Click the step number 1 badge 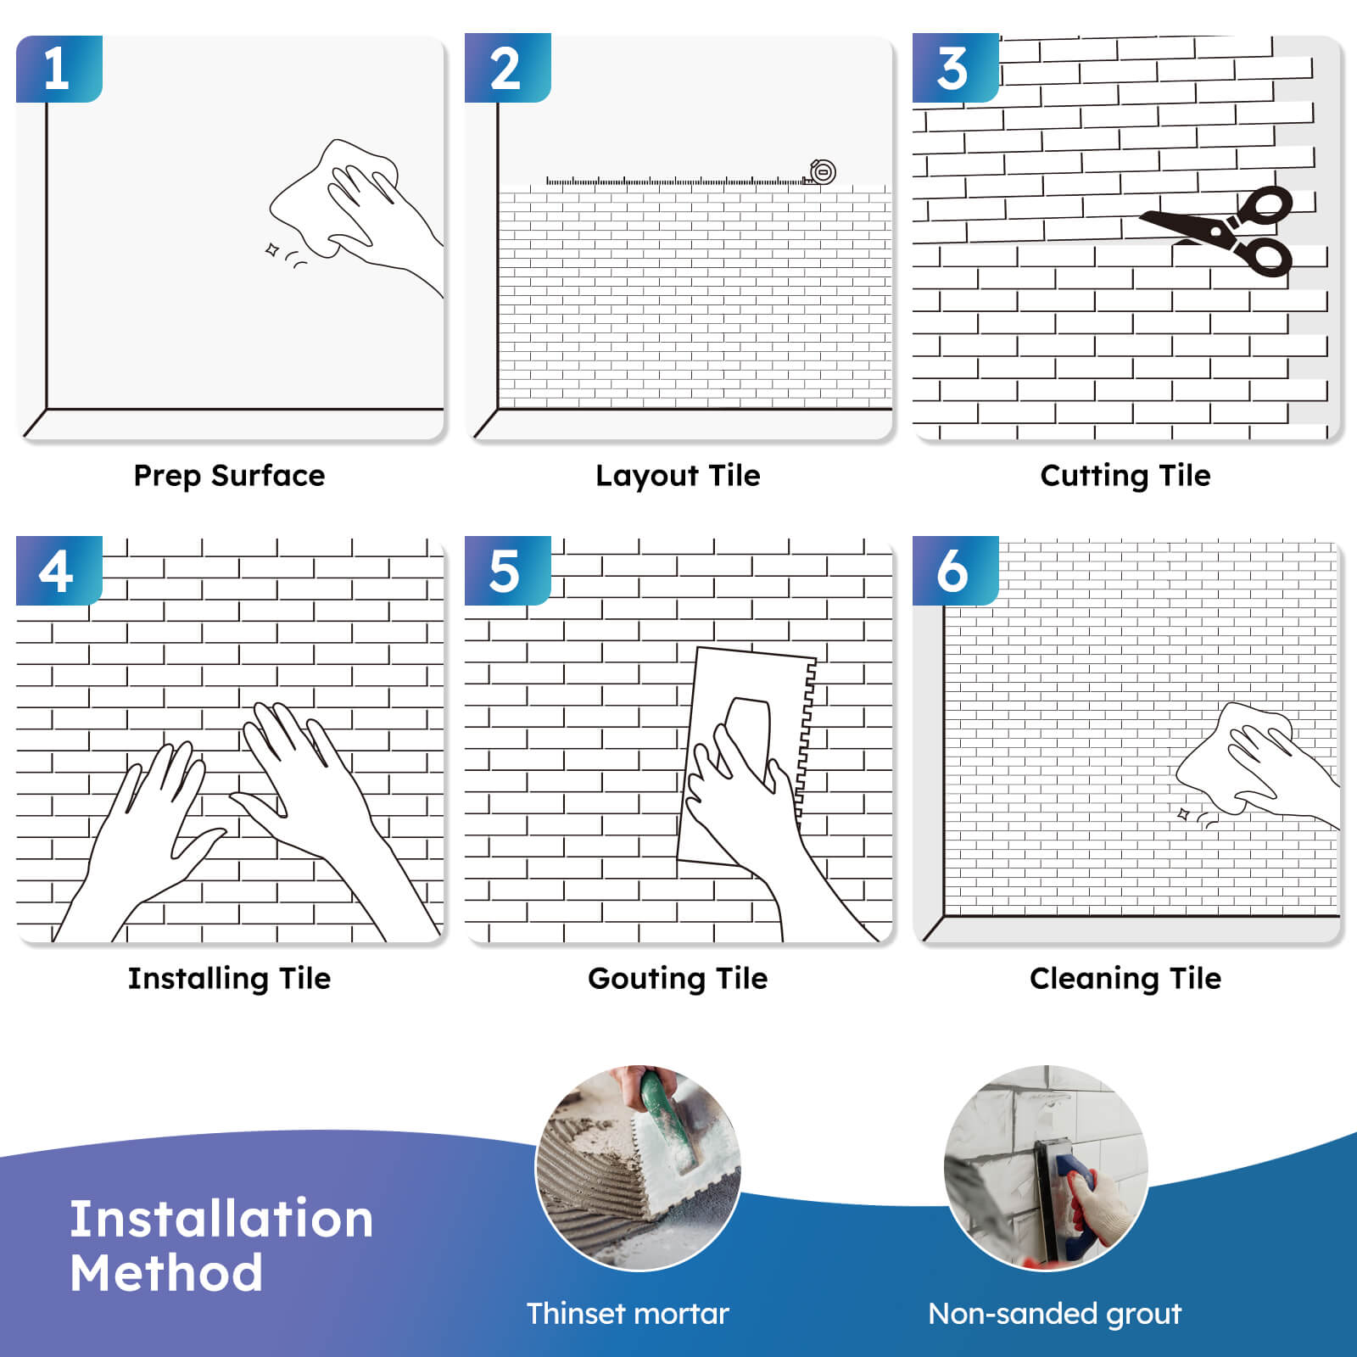[x=59, y=69]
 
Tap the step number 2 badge [x=507, y=68]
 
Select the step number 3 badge [x=955, y=68]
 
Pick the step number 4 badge [x=59, y=570]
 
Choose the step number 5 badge [x=507, y=570]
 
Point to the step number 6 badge [x=955, y=570]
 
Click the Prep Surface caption [x=229, y=476]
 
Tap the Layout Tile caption [x=678, y=476]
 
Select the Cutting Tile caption [x=1125, y=476]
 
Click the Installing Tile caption [x=229, y=979]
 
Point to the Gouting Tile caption [x=678, y=979]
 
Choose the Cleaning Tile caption [x=1125, y=979]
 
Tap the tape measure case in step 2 [x=822, y=172]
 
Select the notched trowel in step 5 [x=746, y=757]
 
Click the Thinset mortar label [x=628, y=1314]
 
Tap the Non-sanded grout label [x=1054, y=1314]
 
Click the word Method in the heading [x=166, y=1273]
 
